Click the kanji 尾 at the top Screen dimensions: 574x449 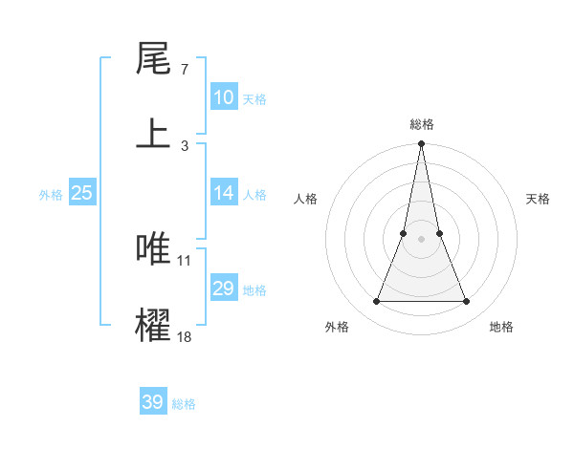click(154, 59)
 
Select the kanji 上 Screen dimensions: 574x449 click(154, 133)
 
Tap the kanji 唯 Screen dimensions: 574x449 click(154, 249)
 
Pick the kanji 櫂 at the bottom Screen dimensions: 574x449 click(154, 324)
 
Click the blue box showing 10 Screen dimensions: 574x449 click(224, 97)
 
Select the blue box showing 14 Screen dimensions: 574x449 click(224, 193)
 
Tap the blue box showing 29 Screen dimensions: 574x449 click(224, 289)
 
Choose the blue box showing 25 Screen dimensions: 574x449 click(81, 193)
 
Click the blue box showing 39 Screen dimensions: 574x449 click(152, 402)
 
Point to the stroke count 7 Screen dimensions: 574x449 click(184, 71)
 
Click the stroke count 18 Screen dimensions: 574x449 click(184, 336)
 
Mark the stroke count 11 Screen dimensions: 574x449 click(184, 260)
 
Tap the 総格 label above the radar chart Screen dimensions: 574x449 click(422, 124)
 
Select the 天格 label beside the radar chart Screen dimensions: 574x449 click(539, 199)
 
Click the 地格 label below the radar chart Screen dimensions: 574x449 click(501, 327)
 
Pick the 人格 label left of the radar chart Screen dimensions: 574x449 click(305, 199)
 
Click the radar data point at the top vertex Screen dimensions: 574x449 click(421, 144)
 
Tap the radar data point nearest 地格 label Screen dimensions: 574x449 click(467, 302)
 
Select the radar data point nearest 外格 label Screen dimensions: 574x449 click(376, 302)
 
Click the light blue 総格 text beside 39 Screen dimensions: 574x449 click(184, 404)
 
